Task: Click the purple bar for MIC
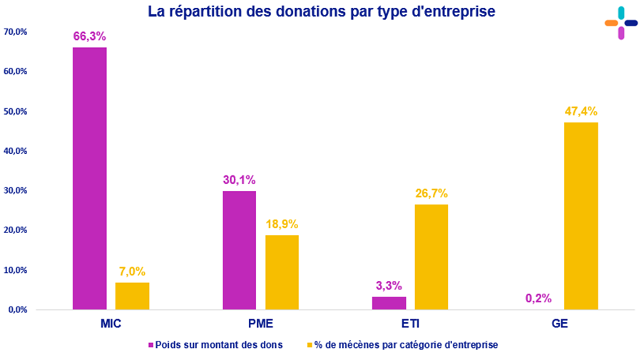89,178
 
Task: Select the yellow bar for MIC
132,296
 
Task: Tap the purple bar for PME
239,250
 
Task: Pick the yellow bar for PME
282,272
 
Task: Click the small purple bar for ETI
389,303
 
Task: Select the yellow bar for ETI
431,257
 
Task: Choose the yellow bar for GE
581,216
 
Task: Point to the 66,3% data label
89,36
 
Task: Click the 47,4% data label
581,111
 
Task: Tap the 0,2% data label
538,298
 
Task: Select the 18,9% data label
282,224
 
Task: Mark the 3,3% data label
389,285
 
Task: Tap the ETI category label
410,324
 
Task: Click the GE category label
560,324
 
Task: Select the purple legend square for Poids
151,345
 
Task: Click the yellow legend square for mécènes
310,345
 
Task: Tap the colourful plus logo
620,23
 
